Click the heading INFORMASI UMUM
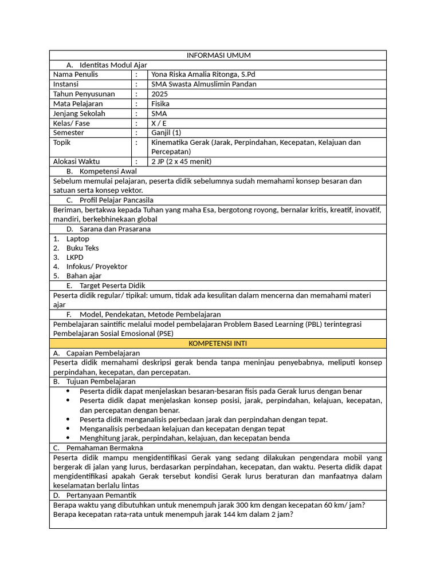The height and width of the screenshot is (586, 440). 218,55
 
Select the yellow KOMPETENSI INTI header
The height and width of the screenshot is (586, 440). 218,343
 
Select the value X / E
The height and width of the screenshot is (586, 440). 159,123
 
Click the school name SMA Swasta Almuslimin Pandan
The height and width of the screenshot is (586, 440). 203,84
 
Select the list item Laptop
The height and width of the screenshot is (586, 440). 77,239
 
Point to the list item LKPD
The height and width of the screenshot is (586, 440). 74,257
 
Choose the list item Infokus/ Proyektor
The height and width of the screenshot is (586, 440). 96,266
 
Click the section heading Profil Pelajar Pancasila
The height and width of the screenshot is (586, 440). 116,200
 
